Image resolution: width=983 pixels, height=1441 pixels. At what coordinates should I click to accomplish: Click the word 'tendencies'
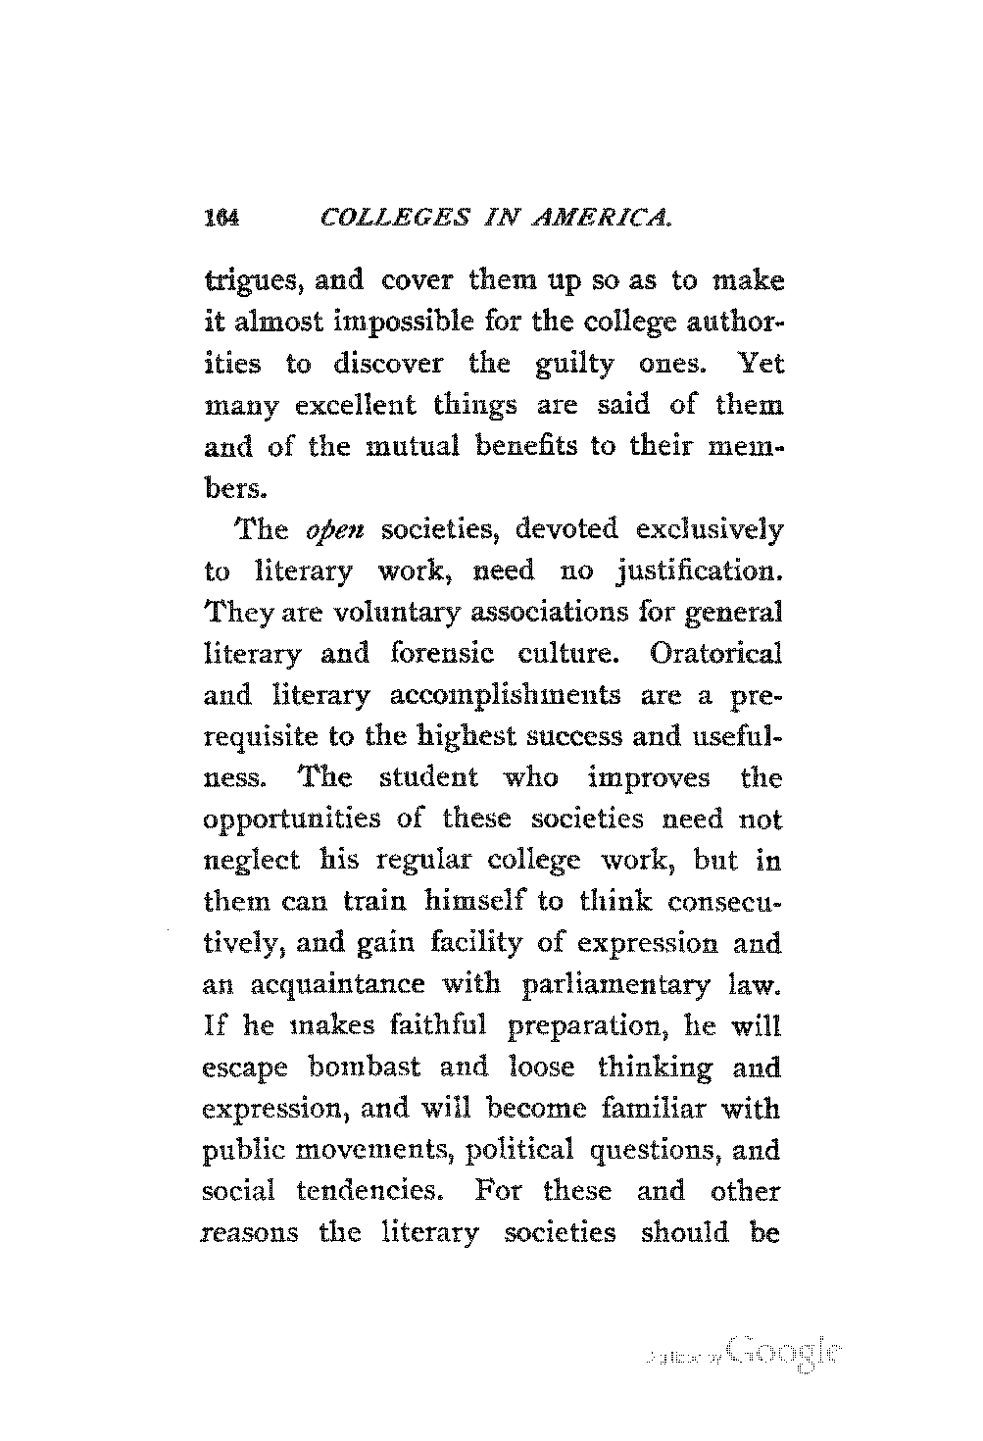(367, 1192)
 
